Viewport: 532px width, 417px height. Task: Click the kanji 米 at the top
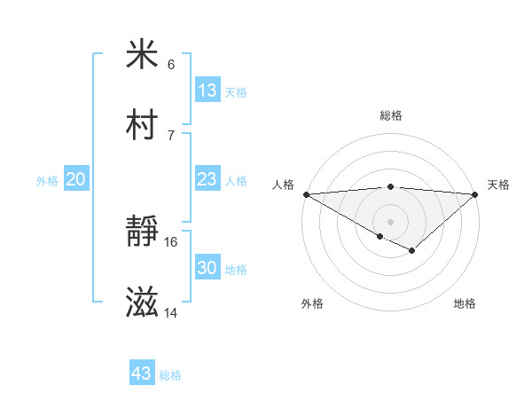click(142, 54)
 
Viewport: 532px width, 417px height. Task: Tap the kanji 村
click(142, 125)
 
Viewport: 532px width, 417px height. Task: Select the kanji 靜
click(142, 232)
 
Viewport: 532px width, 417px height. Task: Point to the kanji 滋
click(142, 303)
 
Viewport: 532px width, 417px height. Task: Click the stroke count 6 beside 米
click(171, 65)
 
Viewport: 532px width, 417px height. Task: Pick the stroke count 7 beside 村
click(171, 136)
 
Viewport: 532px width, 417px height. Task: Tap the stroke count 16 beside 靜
click(171, 242)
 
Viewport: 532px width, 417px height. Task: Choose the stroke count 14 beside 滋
click(171, 313)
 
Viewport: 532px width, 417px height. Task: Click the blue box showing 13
click(207, 90)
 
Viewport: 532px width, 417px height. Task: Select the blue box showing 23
click(207, 179)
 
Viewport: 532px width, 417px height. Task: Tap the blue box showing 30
click(207, 268)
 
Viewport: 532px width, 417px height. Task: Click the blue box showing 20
click(76, 179)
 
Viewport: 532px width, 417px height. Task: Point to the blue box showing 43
click(142, 374)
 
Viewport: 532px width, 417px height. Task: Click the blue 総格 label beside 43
click(170, 375)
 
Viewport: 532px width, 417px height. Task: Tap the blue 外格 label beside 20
click(47, 181)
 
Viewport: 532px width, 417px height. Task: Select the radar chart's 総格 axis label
click(390, 115)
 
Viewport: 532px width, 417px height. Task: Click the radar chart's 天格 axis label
click(498, 185)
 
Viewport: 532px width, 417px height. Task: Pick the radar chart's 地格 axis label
click(465, 303)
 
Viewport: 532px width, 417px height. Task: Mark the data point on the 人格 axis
click(306, 193)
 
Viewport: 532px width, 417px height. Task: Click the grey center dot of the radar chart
click(390, 221)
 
